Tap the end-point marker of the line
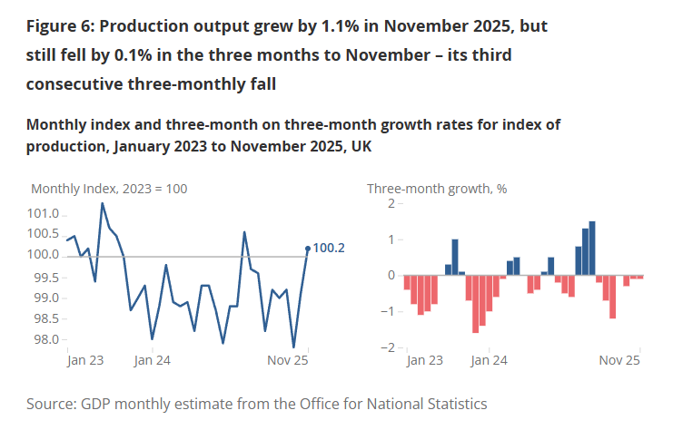pyautogui.click(x=308, y=248)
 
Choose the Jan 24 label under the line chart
pyautogui.click(x=152, y=360)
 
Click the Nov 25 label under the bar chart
pyautogui.click(x=621, y=360)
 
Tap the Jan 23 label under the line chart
pyautogui.click(x=85, y=360)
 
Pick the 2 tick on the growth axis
pyautogui.click(x=391, y=203)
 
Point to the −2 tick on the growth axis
pyautogui.click(x=389, y=347)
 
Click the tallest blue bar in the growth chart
pyautogui.click(x=592, y=248)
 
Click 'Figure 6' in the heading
pyautogui.click(x=60, y=26)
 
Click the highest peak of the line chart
pyautogui.click(x=102, y=203)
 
